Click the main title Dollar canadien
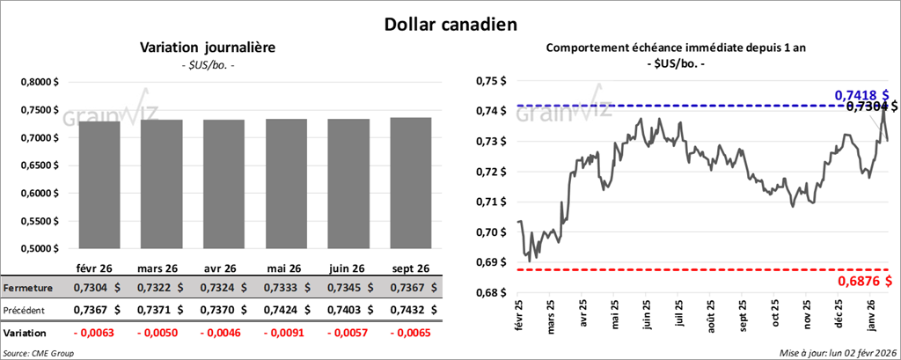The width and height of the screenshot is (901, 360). [450, 24]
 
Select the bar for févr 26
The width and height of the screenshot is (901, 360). [99, 185]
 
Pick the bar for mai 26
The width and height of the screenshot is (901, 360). [288, 184]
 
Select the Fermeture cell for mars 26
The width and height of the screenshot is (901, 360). [161, 288]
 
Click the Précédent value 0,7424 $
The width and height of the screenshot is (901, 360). [288, 310]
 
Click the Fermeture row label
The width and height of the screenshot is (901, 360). [27, 288]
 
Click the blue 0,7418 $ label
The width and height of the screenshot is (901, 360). [861, 94]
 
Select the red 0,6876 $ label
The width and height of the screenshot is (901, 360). [862, 281]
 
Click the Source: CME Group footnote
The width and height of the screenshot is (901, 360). [38, 352]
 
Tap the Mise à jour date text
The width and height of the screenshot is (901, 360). [836, 352]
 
